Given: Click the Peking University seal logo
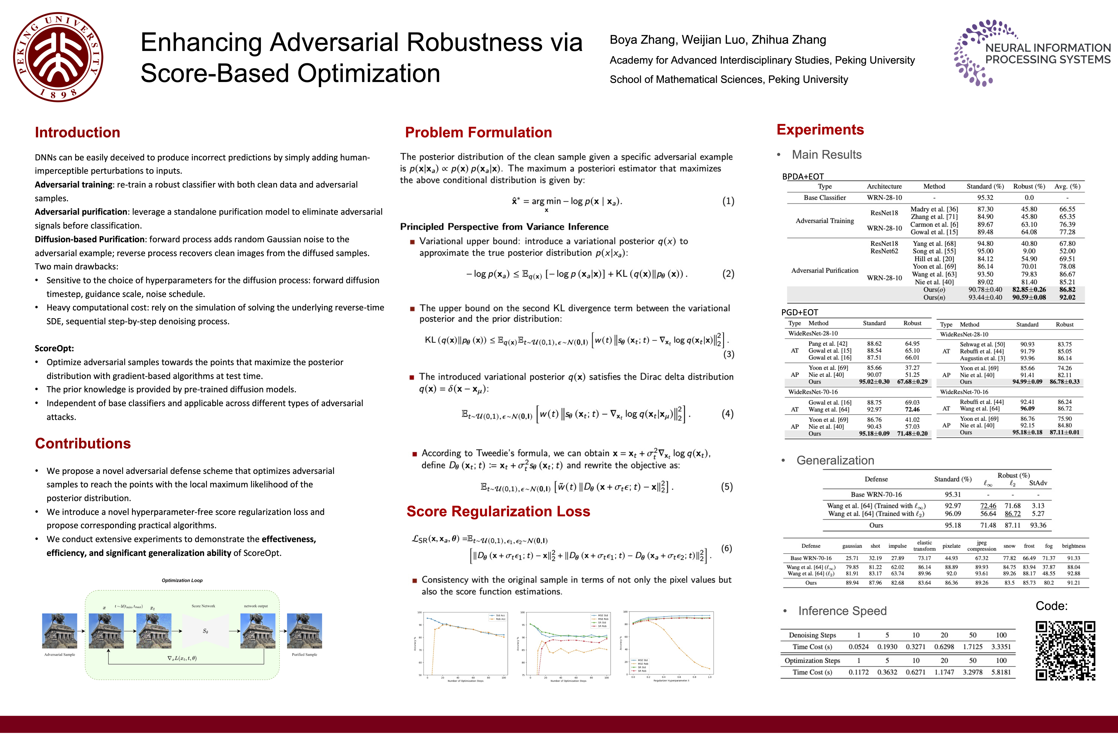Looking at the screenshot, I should click(58, 57).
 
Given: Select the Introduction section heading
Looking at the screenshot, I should click(77, 132).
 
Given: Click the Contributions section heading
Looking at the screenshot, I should click(83, 443).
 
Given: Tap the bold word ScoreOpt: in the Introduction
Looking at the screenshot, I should click(54, 348).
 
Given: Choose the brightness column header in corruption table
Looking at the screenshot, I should click(1073, 546).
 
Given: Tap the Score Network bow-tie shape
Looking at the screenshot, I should click(205, 631).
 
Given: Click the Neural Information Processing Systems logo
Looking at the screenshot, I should click(1032, 53).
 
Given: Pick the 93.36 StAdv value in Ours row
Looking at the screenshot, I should click(1038, 525).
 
